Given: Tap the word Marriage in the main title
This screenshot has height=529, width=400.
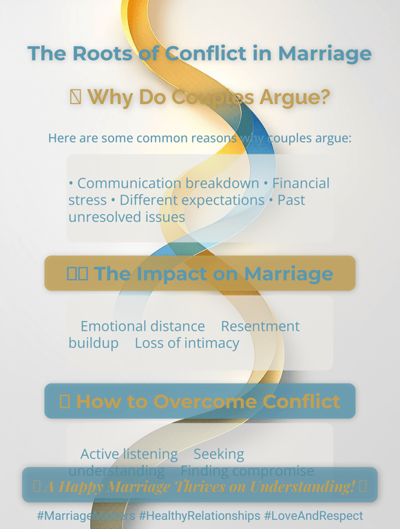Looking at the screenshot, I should pos(325,54).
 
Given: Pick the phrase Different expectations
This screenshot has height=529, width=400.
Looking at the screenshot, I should pos(192,200).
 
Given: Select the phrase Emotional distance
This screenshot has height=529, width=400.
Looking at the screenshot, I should pos(143,326).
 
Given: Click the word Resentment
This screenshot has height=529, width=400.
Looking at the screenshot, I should pos(260,326).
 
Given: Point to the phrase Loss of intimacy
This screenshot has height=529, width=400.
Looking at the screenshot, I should pos(187,343).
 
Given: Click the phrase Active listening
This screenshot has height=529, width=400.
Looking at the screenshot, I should pos(129,455).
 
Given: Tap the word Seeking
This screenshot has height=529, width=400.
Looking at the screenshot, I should pos(219,455).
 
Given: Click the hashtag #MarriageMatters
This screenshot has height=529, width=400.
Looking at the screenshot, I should pos(86,516).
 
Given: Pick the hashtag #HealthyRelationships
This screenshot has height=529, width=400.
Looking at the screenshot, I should pos(200,516).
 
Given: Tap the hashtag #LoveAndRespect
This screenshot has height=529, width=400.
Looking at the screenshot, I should pos(313,516).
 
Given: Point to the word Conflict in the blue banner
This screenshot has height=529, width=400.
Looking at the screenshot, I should pos(299,402).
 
